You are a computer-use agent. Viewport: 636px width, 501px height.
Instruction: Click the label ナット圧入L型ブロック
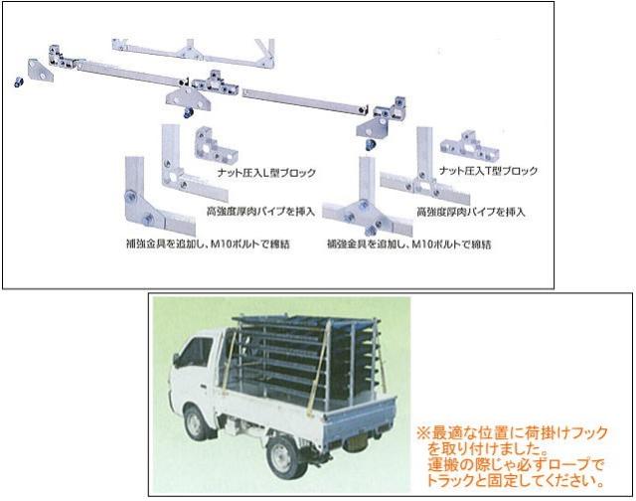pyautogui.click(x=265, y=173)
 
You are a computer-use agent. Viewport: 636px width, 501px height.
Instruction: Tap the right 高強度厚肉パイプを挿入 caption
pyautogui.click(x=470, y=212)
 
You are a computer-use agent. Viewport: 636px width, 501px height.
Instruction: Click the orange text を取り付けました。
pyautogui.click(x=478, y=446)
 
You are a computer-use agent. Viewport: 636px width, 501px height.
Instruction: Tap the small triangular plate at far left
pyautogui.click(x=40, y=70)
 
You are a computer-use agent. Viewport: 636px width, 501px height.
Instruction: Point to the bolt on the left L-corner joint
pyautogui.click(x=147, y=221)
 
